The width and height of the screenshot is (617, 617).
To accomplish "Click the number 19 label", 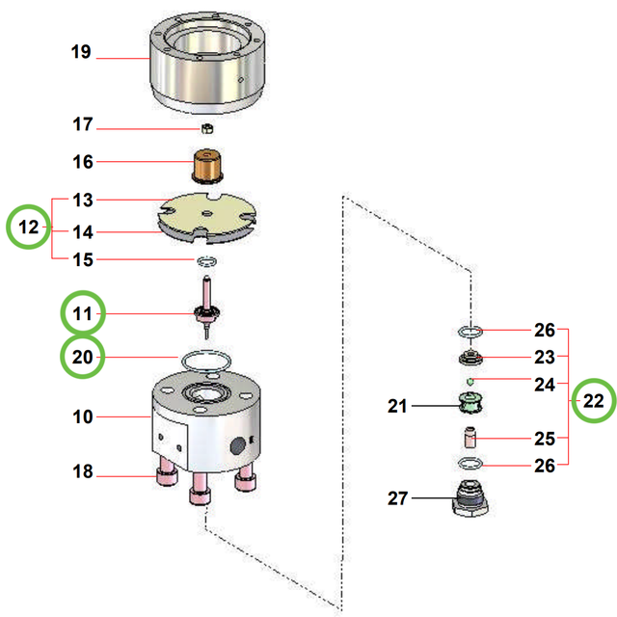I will coord(81,52).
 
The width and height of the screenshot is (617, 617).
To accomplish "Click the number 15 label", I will coord(83,260).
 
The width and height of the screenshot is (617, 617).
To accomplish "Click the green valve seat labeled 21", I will coord(469,406).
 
